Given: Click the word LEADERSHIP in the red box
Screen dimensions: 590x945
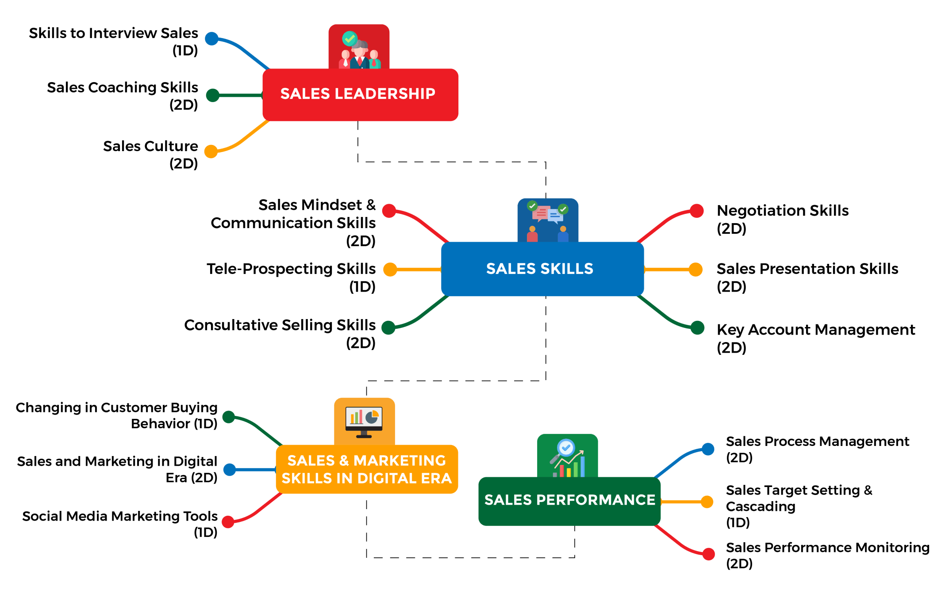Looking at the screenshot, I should coord(385,94).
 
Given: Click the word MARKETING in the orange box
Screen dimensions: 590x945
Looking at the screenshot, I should coord(400,461).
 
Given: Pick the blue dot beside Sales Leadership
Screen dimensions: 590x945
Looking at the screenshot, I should coord(212,39).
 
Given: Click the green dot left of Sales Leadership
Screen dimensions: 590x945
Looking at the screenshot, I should coord(213,95).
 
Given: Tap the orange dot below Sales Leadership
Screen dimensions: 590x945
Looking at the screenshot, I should coord(211,151).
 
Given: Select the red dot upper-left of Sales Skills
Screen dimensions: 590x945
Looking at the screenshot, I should coord(389,211).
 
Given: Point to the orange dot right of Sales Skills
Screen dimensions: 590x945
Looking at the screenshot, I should coord(695,269).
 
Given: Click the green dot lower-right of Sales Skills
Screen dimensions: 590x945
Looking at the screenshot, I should coord(697,327).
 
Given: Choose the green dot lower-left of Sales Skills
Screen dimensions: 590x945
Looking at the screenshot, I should coord(388,327).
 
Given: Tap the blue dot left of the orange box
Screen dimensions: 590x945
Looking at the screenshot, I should coord(230,469).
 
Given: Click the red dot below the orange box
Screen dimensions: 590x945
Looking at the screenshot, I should coord(228,521).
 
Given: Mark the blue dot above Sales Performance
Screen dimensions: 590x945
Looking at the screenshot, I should coord(708,449).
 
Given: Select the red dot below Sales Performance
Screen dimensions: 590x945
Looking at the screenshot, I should coord(709,554).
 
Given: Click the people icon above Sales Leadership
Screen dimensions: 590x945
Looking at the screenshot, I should coord(359,53).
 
